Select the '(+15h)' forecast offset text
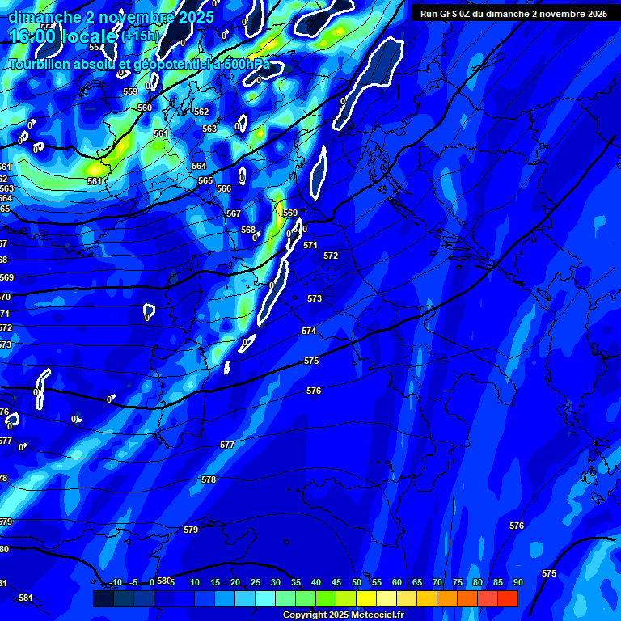pyautogui.click(x=141, y=36)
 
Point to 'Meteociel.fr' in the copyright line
pyautogui.click(x=377, y=615)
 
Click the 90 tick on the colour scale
pyautogui.click(x=517, y=582)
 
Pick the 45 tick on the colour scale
pyautogui.click(x=336, y=582)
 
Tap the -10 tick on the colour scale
pyautogui.click(x=115, y=582)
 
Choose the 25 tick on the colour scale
pyautogui.click(x=255, y=582)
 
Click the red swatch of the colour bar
pyautogui.click(x=507, y=598)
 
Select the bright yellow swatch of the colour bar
pyautogui.click(x=365, y=598)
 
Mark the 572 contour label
pyautogui.click(x=331, y=256)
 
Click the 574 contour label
pyautogui.click(x=309, y=331)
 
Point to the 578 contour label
pyautogui.click(x=209, y=479)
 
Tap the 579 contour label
pyautogui.click(x=191, y=530)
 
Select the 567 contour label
pyautogui.click(x=234, y=213)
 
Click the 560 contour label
pyautogui.click(x=145, y=108)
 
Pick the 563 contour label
pyautogui.click(x=209, y=129)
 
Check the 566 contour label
pyautogui.click(x=224, y=188)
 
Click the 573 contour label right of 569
pyautogui.click(x=315, y=298)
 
